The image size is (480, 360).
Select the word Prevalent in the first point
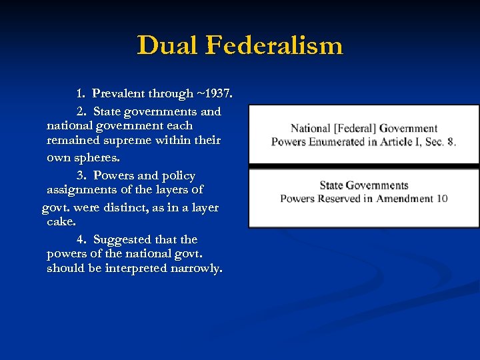(121, 93)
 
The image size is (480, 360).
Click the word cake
(61, 221)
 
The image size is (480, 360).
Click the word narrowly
(198, 269)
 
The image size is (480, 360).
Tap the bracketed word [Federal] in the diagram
(357, 129)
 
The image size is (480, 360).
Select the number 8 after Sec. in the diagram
(451, 142)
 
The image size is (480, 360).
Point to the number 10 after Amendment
(441, 199)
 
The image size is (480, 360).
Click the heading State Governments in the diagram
(363, 185)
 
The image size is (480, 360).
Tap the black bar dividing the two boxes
(363, 165)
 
